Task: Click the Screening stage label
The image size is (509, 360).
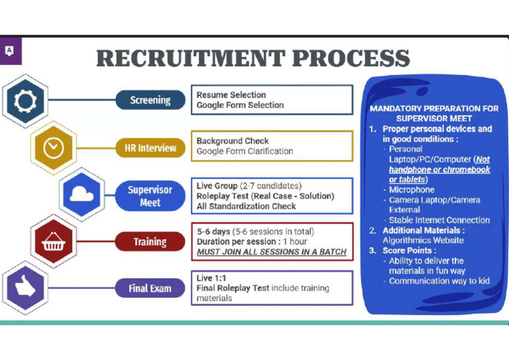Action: click(x=150, y=100)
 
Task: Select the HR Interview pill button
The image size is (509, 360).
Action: click(x=150, y=148)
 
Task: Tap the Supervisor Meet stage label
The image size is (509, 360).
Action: click(x=150, y=196)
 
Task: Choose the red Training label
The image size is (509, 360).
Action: click(x=150, y=242)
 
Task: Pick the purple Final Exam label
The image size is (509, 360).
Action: click(x=150, y=288)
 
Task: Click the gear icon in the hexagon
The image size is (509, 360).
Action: click(x=25, y=101)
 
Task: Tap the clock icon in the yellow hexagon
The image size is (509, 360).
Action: click(x=53, y=148)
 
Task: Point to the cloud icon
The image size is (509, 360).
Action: click(x=81, y=196)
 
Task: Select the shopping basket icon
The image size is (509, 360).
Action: click(x=53, y=242)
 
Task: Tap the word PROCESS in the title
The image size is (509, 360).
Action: click(x=351, y=58)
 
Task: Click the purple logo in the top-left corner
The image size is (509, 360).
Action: click(x=10, y=50)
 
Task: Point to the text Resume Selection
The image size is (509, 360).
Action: click(x=231, y=95)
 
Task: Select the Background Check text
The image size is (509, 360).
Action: click(x=233, y=141)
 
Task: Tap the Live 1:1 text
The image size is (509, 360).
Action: click(x=211, y=278)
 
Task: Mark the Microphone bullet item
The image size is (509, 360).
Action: click(x=412, y=190)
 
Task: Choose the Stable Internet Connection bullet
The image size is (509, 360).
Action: click(x=439, y=220)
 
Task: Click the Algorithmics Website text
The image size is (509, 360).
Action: click(x=423, y=240)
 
